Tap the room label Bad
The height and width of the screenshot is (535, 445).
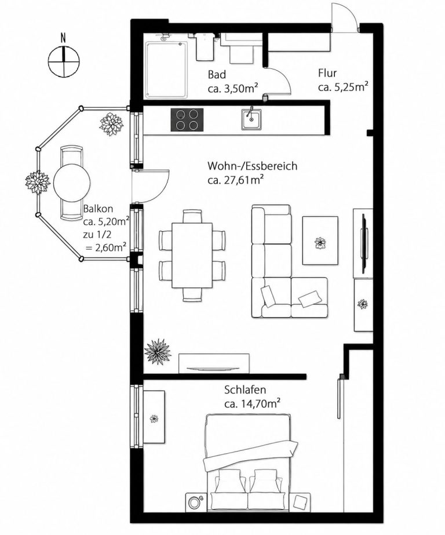[217, 74]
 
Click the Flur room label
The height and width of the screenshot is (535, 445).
[327, 73]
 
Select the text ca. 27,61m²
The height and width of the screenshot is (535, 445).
[236, 180]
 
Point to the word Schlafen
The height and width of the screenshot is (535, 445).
[245, 390]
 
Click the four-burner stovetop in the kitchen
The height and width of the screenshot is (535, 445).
[187, 119]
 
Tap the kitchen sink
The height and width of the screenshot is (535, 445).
[251, 119]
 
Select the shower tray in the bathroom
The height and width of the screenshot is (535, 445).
[167, 69]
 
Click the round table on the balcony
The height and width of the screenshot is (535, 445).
[72, 183]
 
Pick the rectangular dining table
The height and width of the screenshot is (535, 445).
[192, 255]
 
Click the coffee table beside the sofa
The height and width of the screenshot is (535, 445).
[320, 240]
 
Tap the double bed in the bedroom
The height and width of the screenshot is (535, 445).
[248, 463]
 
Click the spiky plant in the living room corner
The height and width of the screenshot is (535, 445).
[158, 351]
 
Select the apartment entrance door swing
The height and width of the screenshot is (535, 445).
[345, 18]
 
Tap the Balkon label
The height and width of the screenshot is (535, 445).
[98, 209]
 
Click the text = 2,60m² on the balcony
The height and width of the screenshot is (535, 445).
[107, 247]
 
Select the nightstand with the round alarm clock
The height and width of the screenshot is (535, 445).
[195, 503]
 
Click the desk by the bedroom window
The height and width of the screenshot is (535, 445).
[154, 417]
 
